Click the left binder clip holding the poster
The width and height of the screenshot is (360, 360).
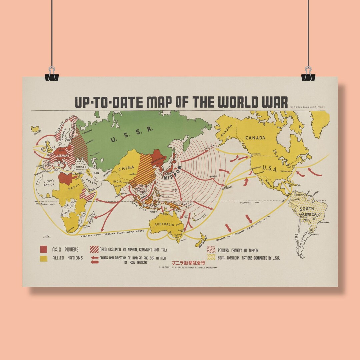tap(52, 75)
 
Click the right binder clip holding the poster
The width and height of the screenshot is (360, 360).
tap(308, 75)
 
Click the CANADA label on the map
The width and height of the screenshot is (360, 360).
tap(255, 138)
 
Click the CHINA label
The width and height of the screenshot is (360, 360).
tap(126, 167)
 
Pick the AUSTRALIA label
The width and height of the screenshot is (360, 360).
tap(164, 224)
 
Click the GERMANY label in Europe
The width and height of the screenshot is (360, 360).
tap(63, 156)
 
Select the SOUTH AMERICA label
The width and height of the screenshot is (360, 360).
tap(306, 211)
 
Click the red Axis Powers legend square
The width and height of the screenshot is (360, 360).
tap(43, 249)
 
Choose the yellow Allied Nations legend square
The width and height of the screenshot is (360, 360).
tap(43, 258)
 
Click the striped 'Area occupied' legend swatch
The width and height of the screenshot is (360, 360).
tap(94, 249)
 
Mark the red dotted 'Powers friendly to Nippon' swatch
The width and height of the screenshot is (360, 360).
tap(211, 249)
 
